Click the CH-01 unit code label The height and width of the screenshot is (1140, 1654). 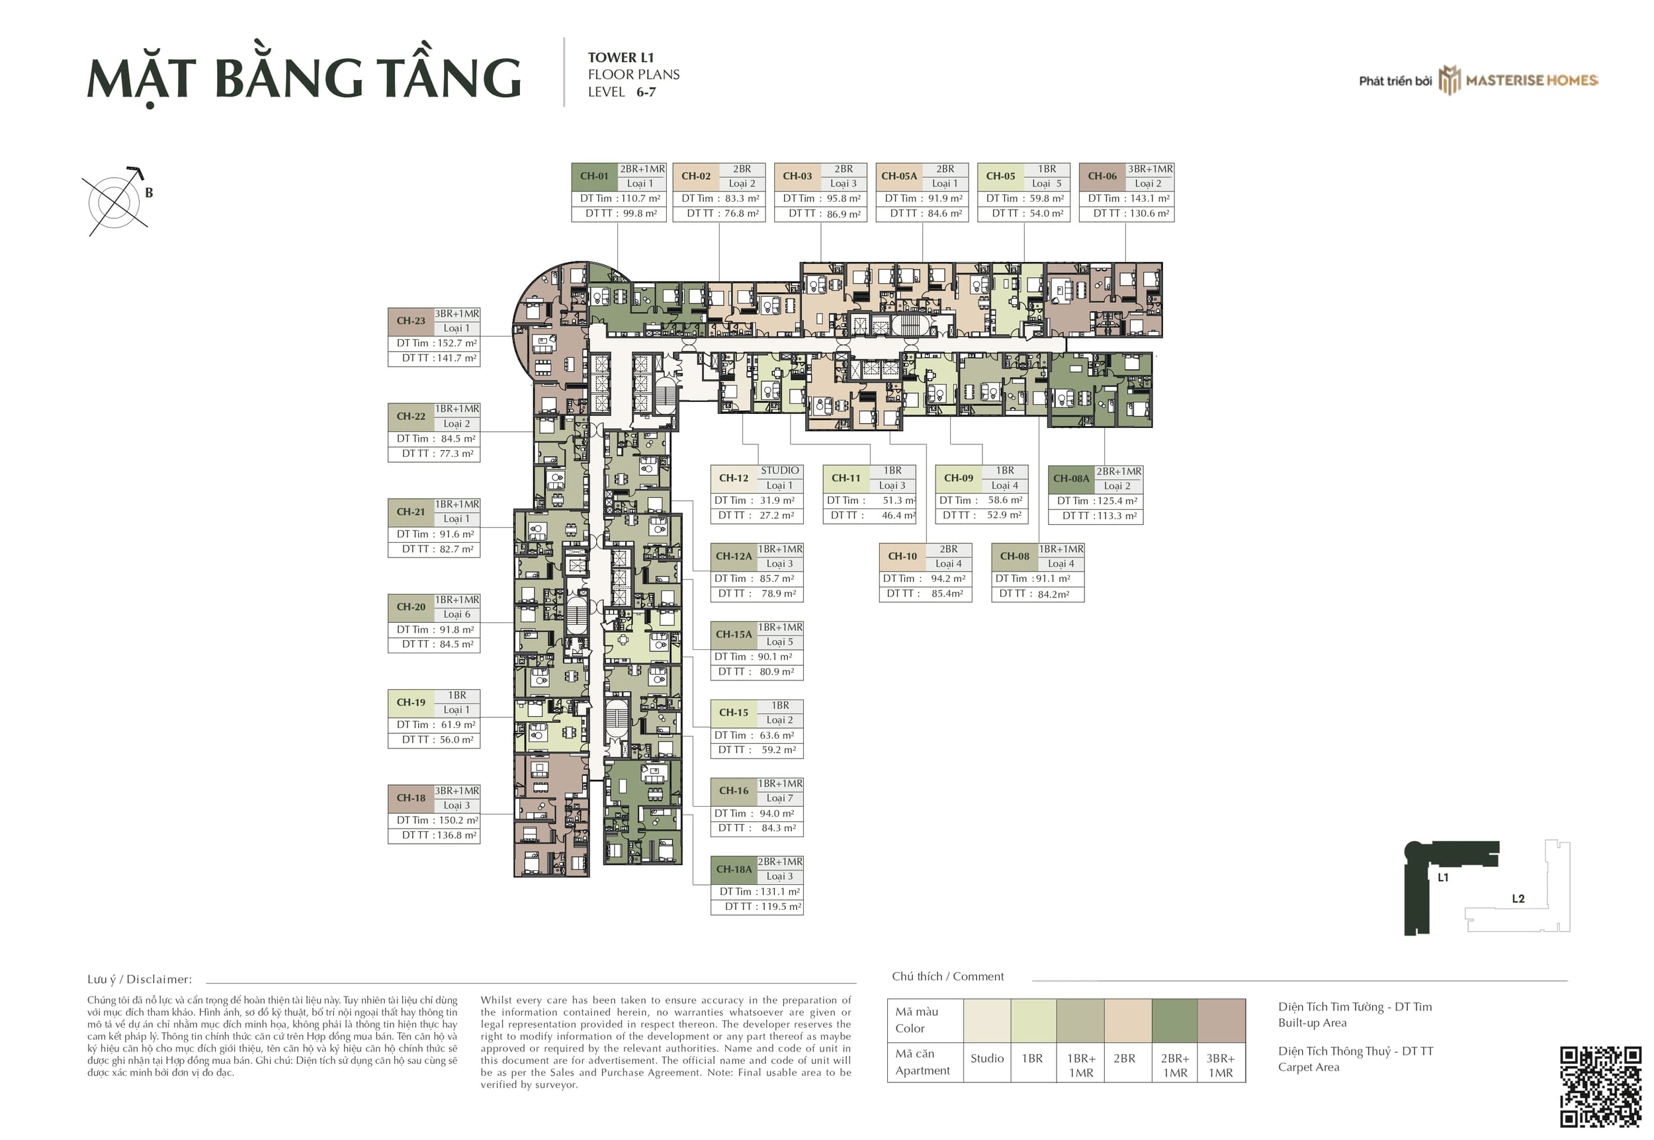coord(593,177)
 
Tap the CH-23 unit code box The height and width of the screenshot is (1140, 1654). coord(411,321)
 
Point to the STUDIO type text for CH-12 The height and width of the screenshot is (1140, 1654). coord(779,471)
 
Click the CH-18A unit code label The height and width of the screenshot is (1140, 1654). coord(734,870)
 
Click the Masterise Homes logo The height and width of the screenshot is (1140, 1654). coord(1518,80)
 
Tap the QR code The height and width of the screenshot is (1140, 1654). coord(1600,1086)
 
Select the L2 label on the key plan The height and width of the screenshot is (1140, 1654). coord(1518,899)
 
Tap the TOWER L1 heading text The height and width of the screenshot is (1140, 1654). coord(620,58)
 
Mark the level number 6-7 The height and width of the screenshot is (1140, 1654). coord(646,92)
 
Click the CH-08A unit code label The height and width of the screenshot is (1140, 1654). coord(1071,479)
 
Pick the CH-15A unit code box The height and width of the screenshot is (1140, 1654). coord(734,635)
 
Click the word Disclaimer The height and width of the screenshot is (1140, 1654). coord(159,979)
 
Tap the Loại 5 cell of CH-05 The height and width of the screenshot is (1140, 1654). coord(1047,184)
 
